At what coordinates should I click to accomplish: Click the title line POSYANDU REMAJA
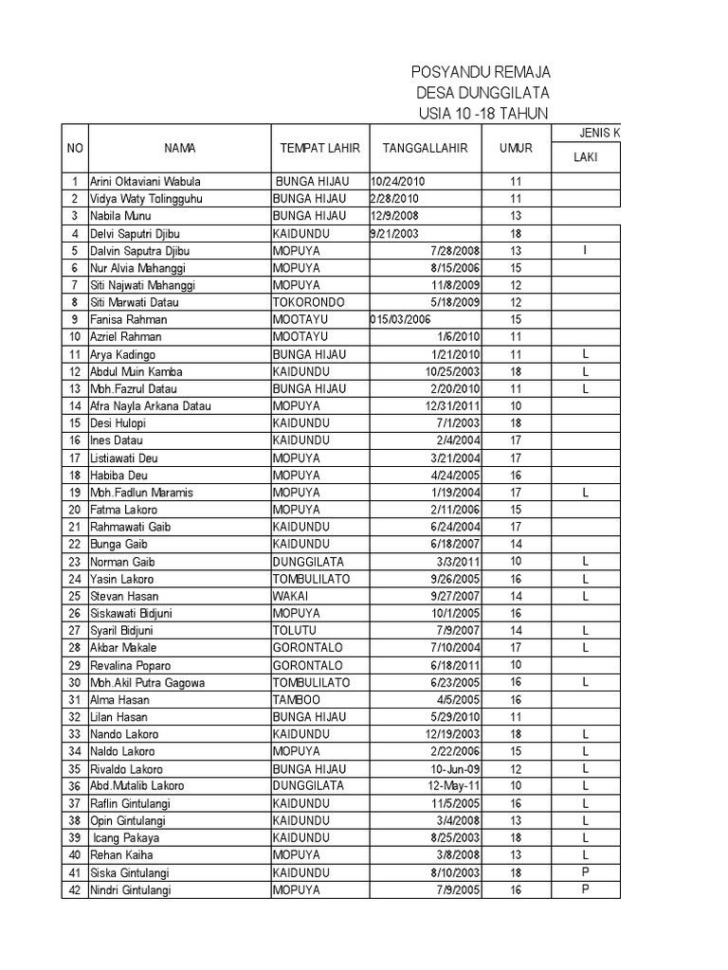click(x=480, y=73)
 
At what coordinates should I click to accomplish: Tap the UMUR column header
click(x=516, y=149)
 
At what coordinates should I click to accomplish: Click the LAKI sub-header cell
click(x=585, y=158)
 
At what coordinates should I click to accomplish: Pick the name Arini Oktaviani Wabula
click(x=145, y=182)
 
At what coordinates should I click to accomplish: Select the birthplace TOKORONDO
click(x=308, y=302)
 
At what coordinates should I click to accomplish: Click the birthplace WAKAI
click(x=291, y=596)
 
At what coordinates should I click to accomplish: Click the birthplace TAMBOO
click(x=296, y=699)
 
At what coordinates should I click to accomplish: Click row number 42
click(x=74, y=889)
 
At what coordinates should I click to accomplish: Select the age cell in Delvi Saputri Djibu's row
click(x=516, y=234)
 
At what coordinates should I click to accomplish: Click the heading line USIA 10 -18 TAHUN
click(x=482, y=113)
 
